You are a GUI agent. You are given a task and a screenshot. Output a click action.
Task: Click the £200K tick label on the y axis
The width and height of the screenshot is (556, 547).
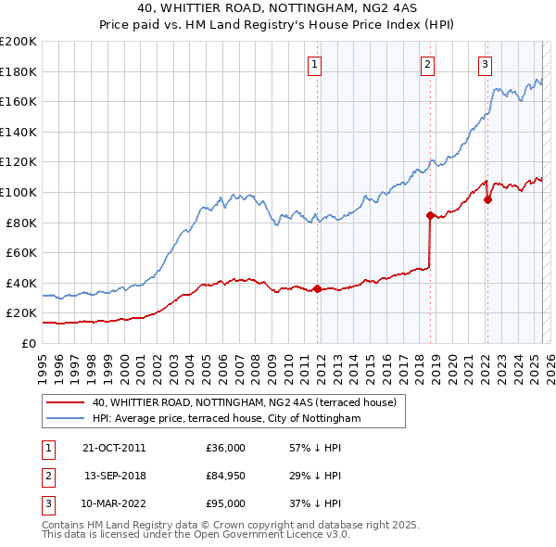coord(19,42)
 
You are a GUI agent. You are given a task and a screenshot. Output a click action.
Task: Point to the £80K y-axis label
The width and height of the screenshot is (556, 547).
coord(22,223)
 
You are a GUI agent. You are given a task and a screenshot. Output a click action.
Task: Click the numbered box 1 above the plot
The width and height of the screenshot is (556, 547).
coord(315,64)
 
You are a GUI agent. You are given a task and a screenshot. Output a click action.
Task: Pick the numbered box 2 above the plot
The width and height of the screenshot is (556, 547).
coord(427,64)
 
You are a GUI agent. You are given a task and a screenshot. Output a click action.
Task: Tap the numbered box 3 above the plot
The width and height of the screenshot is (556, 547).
coord(486,64)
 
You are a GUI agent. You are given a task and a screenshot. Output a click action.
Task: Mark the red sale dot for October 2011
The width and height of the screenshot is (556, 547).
coord(317,288)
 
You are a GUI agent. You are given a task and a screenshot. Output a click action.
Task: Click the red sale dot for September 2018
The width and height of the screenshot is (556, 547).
coord(430,215)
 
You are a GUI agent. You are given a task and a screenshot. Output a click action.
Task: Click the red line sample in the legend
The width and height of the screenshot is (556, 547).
coord(65,402)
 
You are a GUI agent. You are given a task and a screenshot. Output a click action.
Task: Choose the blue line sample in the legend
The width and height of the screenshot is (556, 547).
coord(65,418)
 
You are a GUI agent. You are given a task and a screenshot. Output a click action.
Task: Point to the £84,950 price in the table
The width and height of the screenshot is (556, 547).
coord(227,476)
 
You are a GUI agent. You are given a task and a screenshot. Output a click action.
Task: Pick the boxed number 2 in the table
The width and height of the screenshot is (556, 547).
coord(47,476)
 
